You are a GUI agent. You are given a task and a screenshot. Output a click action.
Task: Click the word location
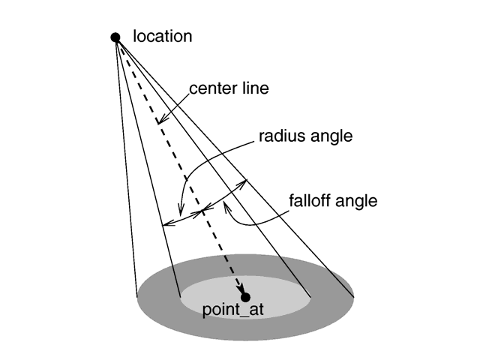tap(162, 35)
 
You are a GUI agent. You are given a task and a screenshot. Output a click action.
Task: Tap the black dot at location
tap(115, 37)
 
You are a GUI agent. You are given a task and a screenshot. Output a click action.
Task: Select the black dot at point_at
tap(245, 297)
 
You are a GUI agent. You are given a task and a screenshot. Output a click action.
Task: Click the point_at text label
tap(233, 310)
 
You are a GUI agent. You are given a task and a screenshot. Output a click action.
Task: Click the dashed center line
tap(195, 195)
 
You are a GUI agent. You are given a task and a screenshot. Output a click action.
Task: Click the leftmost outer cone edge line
tap(127, 165)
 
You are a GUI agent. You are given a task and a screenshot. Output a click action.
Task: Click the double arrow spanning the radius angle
tap(182, 218)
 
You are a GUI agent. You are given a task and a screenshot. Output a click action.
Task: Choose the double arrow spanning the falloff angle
tap(225, 196)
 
